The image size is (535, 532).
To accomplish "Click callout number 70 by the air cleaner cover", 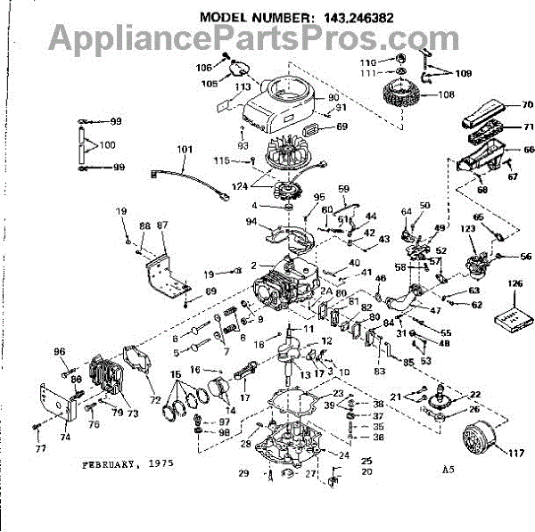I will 527,104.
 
